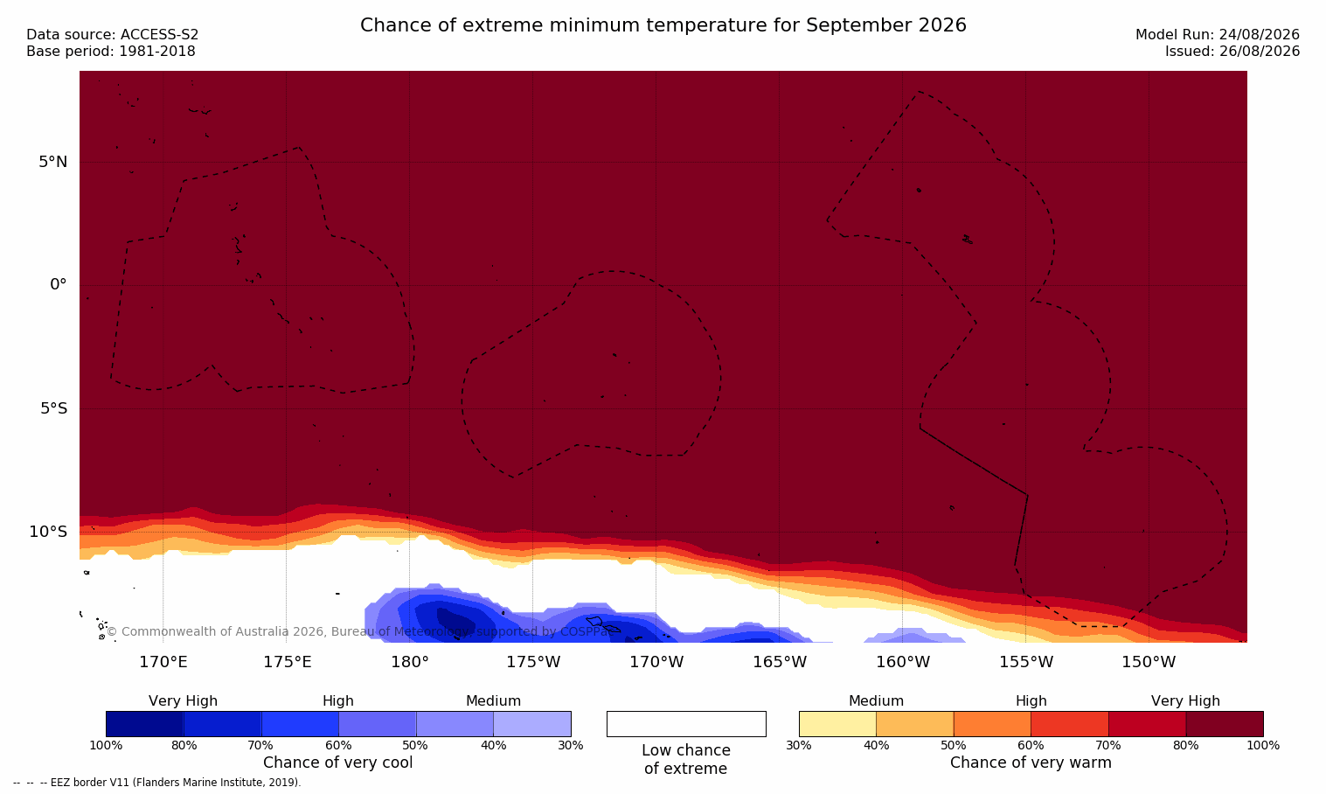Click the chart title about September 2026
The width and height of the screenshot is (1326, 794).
[x=663, y=25]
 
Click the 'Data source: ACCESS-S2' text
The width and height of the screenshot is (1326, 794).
[x=112, y=35]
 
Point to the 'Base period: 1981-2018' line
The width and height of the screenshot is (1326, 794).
[x=111, y=52]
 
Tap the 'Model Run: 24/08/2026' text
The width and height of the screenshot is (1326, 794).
[x=1217, y=35]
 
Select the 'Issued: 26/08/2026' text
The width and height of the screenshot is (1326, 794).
[x=1232, y=52]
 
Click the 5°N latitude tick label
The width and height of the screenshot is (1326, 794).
[x=52, y=162]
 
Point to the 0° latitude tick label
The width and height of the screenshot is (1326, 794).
[x=58, y=285]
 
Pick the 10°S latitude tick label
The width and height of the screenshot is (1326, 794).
[x=48, y=532]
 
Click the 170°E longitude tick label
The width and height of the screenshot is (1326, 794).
[x=163, y=662]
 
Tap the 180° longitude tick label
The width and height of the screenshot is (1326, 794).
[x=409, y=662]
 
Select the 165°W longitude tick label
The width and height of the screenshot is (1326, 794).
[x=779, y=662]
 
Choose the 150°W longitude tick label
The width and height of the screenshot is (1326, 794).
[x=1149, y=662]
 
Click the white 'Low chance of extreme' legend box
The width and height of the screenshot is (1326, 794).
[x=686, y=723]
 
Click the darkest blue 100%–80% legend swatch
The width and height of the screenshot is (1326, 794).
[x=144, y=723]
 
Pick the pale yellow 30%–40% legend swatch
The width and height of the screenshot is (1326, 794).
[x=837, y=723]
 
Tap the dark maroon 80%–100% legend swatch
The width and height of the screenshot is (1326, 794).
[x=1225, y=723]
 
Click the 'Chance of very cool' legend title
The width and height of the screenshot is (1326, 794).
[x=337, y=763]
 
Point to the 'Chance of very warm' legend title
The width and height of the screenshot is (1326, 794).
[x=1031, y=763]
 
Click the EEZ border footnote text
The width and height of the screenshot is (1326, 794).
[x=156, y=783]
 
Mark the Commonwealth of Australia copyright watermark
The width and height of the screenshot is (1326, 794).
[x=359, y=631]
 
